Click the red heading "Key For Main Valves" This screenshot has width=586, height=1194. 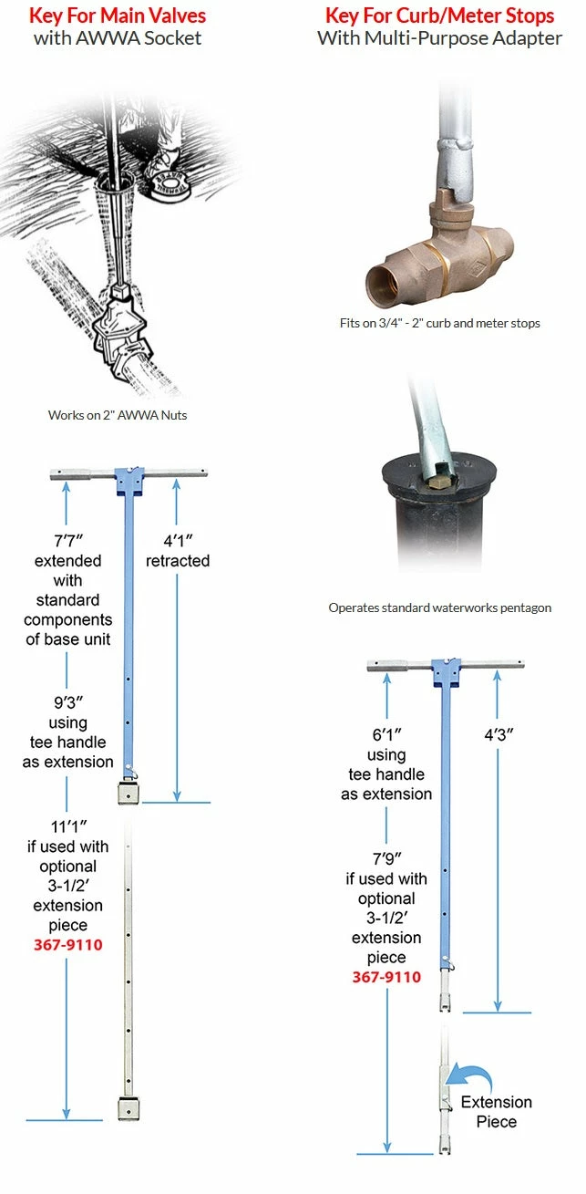[118, 16]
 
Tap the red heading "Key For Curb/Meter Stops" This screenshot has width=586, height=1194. [439, 16]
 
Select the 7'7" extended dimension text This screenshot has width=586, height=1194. [67, 540]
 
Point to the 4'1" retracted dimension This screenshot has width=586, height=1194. [178, 540]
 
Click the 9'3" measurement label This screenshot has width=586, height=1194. [67, 702]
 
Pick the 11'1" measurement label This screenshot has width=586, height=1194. [67, 826]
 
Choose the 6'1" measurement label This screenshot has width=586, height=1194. [386, 734]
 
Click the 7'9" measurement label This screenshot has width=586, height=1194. [386, 859]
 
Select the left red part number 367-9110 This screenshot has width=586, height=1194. [67, 945]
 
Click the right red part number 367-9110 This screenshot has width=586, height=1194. [386, 977]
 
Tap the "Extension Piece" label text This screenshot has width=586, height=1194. [496, 1111]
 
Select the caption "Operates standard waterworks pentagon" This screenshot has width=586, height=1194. [439, 607]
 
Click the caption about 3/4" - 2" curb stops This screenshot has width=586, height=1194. [439, 323]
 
